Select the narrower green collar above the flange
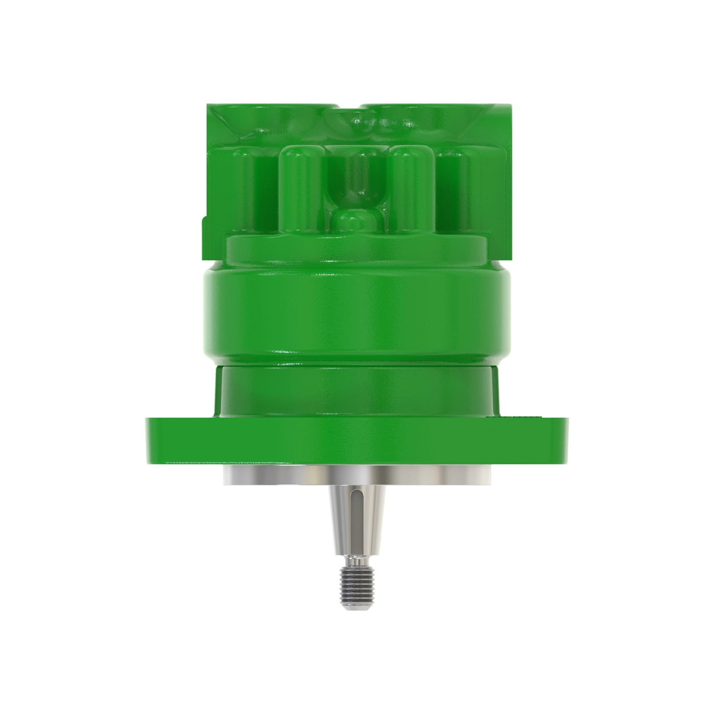pyautogui.click(x=357, y=392)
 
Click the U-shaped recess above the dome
pyautogui.click(x=355, y=177)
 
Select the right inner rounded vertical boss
pyautogui.click(x=412, y=188)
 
